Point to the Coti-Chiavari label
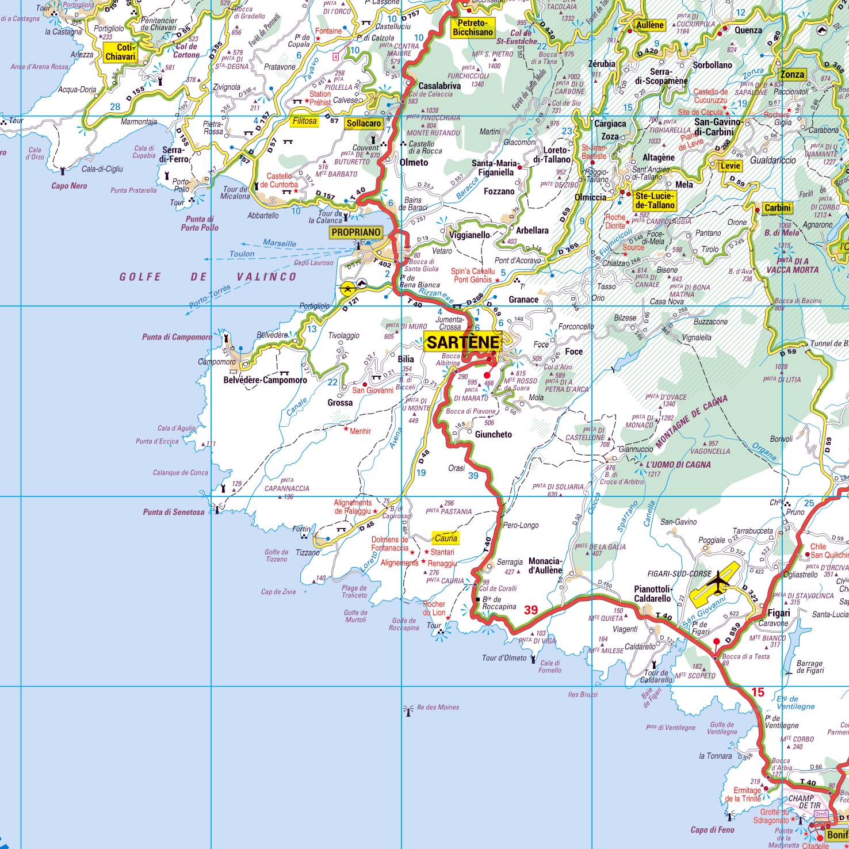[120, 52]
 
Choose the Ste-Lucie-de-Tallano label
[655, 201]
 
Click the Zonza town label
[792, 74]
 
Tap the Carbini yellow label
[778, 208]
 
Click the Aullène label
[650, 25]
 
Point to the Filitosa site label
[304, 121]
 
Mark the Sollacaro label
[364, 123]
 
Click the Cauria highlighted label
[446, 538]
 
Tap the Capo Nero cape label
[69, 186]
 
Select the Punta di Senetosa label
[173, 512]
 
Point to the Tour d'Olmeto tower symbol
[534, 659]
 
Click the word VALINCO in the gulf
[266, 277]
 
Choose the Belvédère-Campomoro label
[265, 380]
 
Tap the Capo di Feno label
[712, 829]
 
